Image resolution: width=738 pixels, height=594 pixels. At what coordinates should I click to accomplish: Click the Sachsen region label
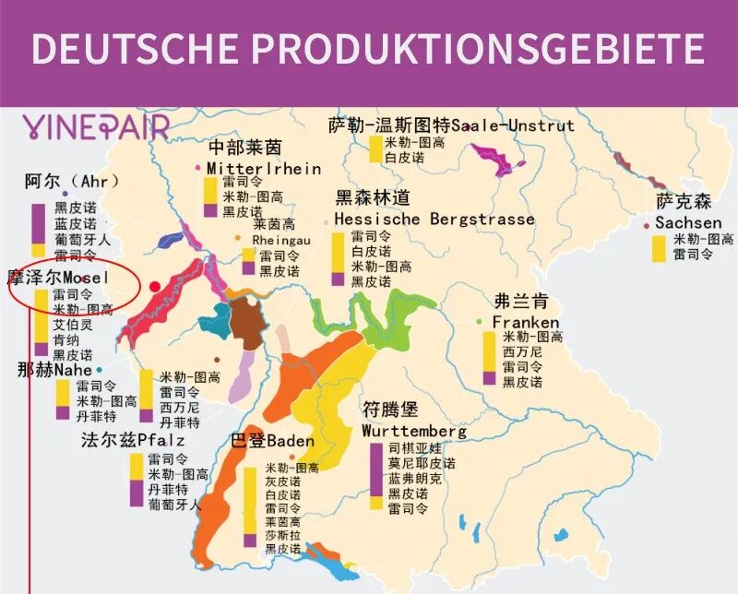pos(688,223)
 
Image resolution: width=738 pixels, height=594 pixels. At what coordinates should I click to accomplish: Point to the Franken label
pos(525,322)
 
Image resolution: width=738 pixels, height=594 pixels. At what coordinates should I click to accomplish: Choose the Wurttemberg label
pos(413,431)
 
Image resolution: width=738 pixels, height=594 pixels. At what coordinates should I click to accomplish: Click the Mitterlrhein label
pos(264,169)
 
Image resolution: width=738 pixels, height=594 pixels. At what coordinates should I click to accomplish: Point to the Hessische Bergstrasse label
pos(434,220)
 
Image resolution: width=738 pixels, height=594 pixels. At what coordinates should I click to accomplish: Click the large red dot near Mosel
pos(155,287)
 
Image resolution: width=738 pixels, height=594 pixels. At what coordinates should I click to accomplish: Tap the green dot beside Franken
pos(480,321)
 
